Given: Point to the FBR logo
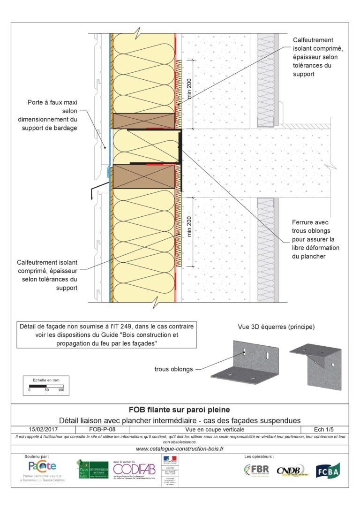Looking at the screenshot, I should [256, 470].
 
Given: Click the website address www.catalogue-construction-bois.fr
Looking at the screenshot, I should [180, 449].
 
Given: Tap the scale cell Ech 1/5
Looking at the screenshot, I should [323, 429].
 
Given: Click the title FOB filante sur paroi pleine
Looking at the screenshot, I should [180, 409].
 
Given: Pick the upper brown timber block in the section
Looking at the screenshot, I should [143, 121].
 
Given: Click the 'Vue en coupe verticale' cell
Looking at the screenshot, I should [214, 429].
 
